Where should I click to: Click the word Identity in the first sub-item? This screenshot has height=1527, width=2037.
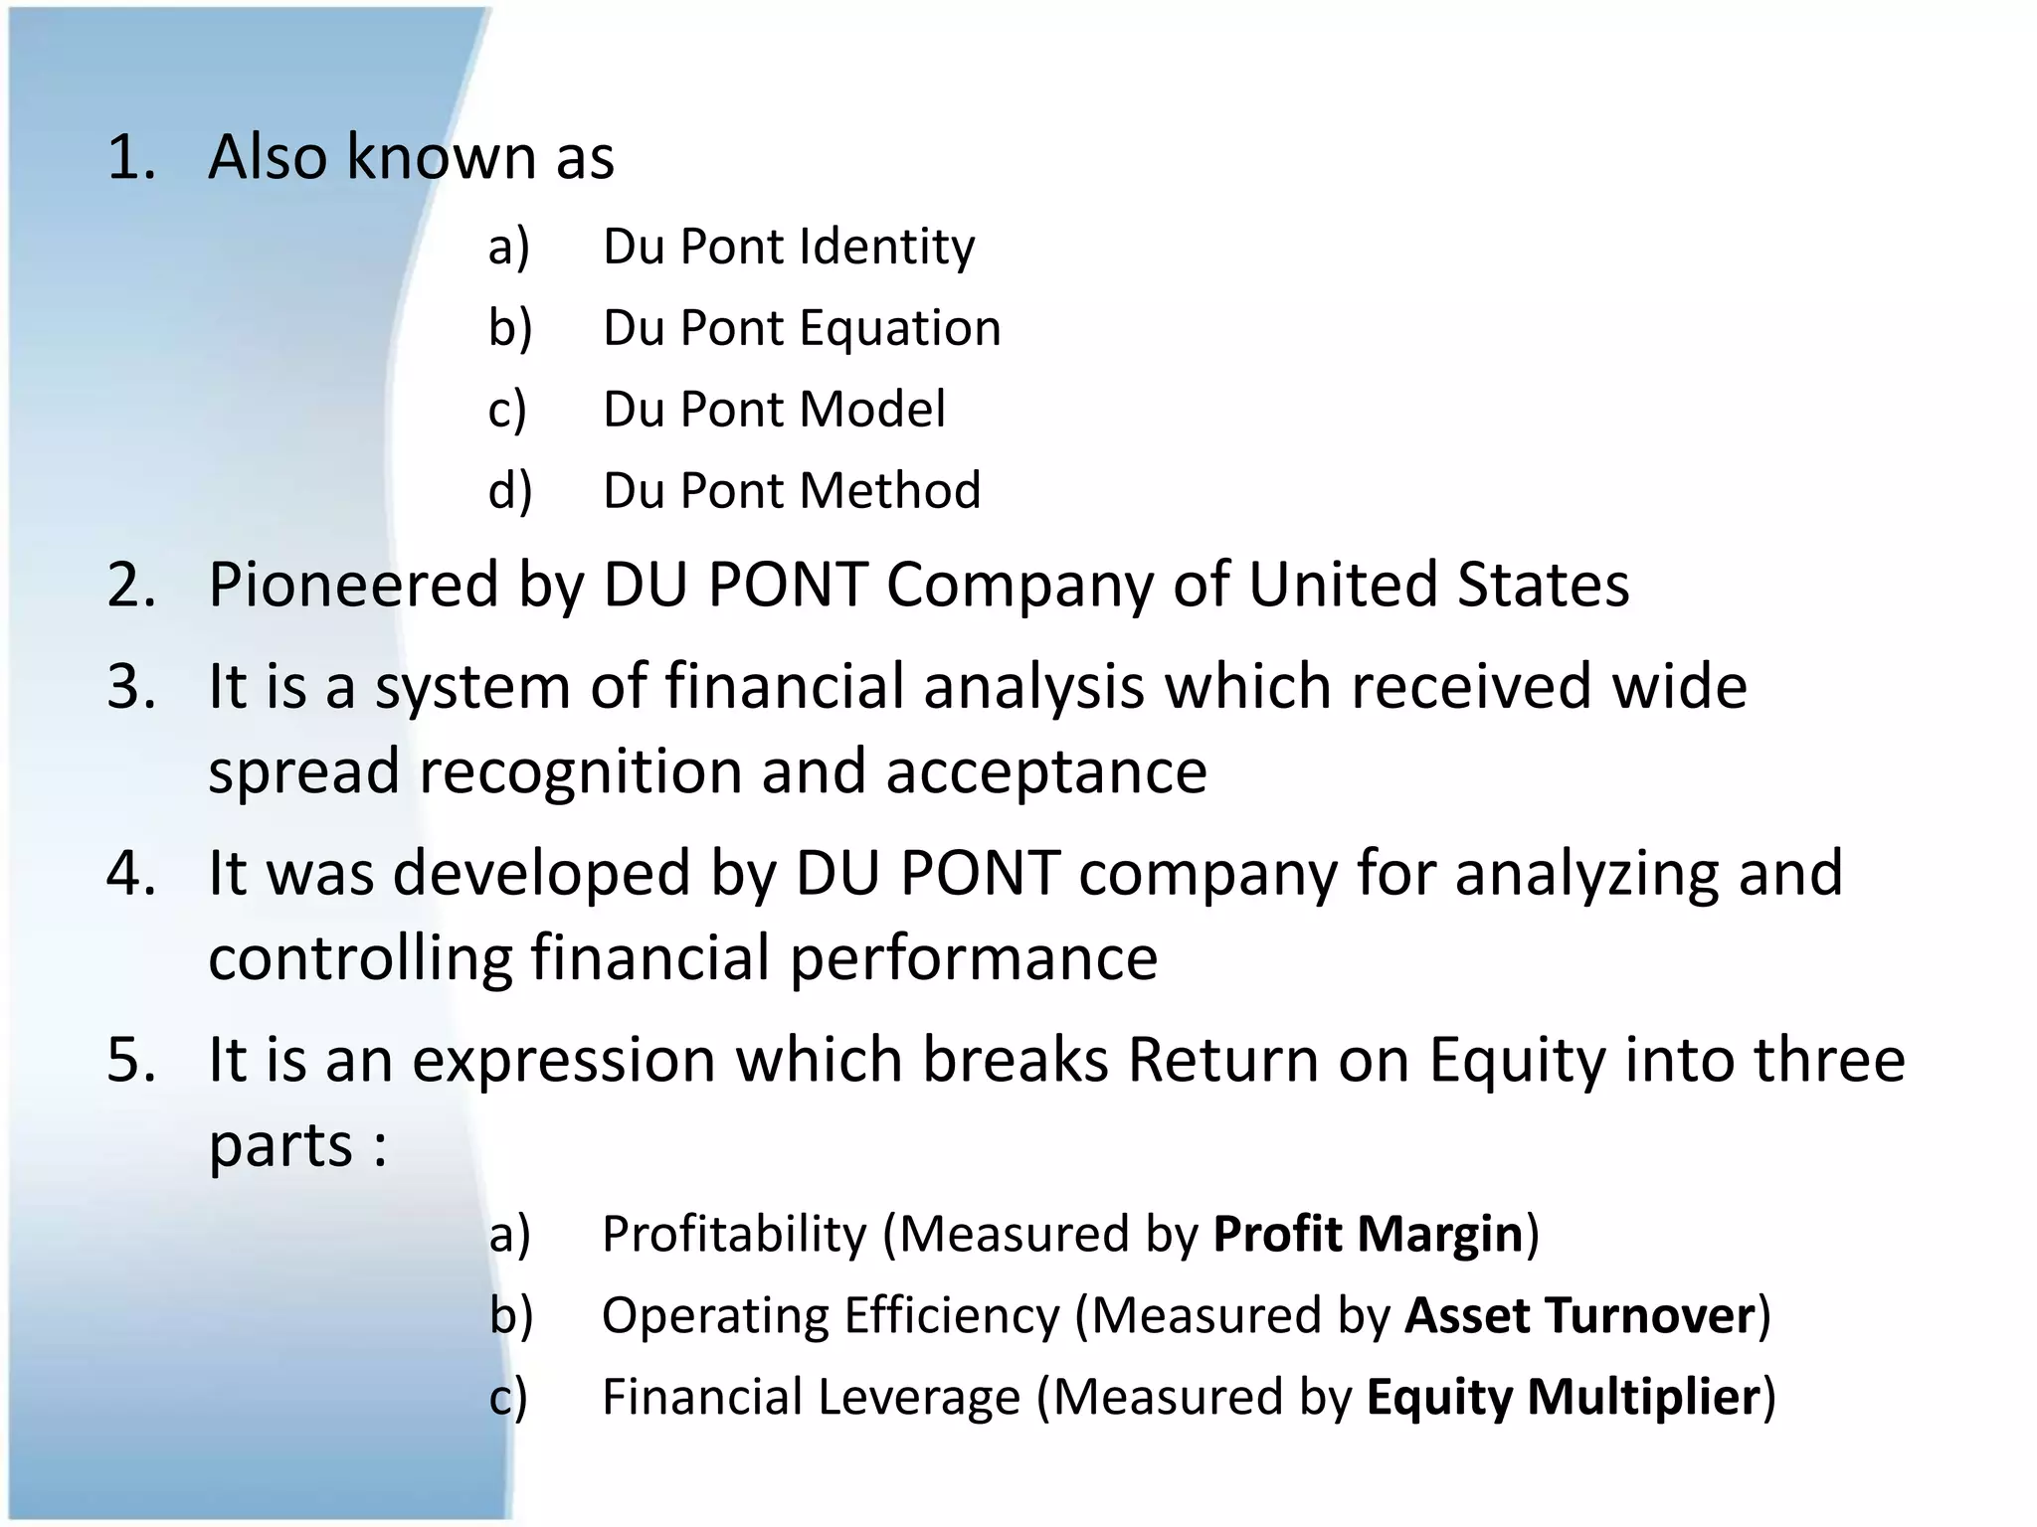tap(887, 248)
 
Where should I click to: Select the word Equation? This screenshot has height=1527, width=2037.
tap(900, 328)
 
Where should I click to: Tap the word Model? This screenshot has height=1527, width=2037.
tap(872, 410)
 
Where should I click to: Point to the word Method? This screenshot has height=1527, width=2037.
tap(890, 491)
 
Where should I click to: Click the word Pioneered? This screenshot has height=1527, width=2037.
tap(353, 585)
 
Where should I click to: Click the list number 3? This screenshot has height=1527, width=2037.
tap(131, 687)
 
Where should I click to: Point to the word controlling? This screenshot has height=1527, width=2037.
tap(360, 957)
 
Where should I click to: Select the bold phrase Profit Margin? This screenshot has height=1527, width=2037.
tap(1369, 1235)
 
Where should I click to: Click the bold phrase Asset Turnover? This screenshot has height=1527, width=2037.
tap(1579, 1316)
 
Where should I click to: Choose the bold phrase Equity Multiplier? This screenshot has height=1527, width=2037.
tap(1564, 1398)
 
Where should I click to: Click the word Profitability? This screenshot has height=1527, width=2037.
tap(734, 1235)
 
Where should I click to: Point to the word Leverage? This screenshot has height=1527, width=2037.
tap(920, 1398)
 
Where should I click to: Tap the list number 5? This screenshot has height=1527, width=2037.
tap(131, 1060)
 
